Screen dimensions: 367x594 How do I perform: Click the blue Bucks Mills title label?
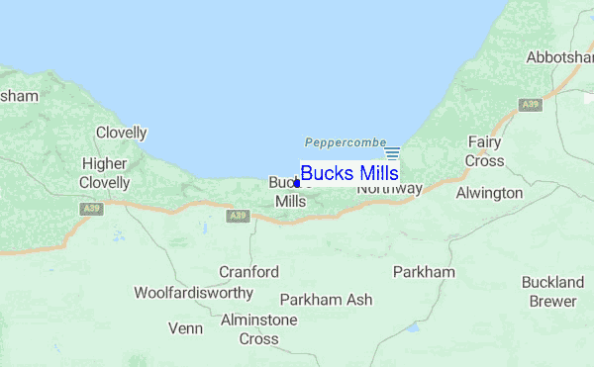click(349, 173)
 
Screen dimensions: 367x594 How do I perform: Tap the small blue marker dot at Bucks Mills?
click(297, 183)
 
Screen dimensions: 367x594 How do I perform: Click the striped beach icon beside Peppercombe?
click(392, 152)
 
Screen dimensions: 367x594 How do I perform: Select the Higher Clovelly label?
click(106, 173)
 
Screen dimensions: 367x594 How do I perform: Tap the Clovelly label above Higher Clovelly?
click(121, 133)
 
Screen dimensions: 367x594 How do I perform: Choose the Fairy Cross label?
click(485, 151)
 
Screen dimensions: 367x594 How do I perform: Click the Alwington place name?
click(488, 193)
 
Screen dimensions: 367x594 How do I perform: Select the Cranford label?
click(248, 271)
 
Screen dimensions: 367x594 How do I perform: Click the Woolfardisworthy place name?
click(194, 293)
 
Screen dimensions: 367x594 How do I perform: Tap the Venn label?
click(185, 328)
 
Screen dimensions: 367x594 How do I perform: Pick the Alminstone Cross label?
click(258, 329)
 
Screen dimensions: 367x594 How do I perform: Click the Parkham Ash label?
click(326, 299)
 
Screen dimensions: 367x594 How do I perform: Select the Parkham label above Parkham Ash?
click(424, 271)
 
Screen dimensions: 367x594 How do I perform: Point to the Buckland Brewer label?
click(552, 292)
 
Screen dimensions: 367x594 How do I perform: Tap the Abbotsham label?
click(559, 57)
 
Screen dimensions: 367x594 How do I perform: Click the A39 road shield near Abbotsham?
click(533, 103)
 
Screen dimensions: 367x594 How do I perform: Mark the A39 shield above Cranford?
click(237, 215)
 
